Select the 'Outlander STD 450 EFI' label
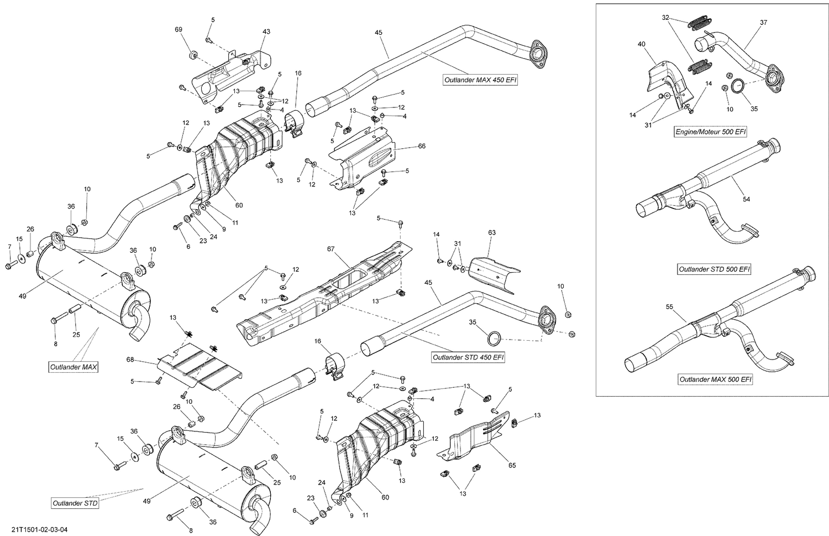click(468, 357)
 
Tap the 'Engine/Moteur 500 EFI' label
click(711, 132)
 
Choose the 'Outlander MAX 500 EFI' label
click(715, 379)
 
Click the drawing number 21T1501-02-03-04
click(35, 530)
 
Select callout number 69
click(178, 29)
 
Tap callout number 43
click(266, 32)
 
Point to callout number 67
click(330, 249)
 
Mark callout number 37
click(763, 23)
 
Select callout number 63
click(492, 233)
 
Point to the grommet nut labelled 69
click(193, 55)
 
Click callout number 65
click(512, 465)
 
